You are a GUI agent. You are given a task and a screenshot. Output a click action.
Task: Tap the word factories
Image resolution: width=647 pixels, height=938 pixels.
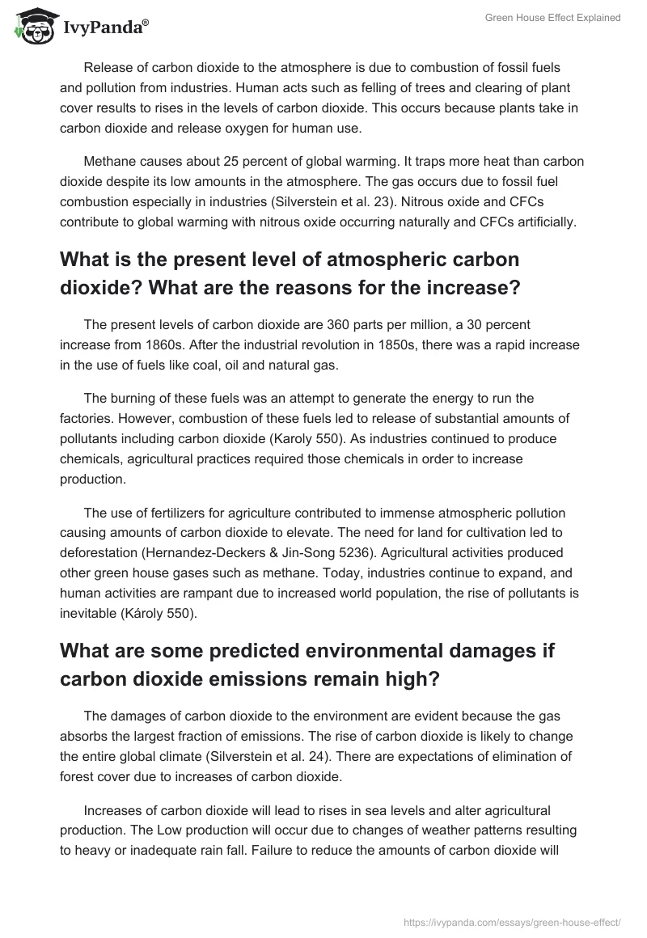(86, 417)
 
